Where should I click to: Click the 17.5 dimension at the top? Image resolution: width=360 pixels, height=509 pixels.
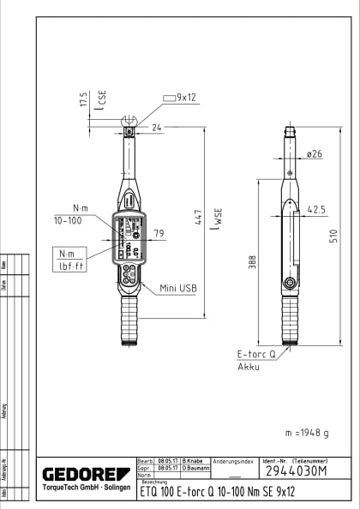tap(83, 99)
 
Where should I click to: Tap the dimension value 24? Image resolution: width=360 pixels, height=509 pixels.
tap(156, 128)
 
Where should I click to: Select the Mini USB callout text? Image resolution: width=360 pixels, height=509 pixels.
tap(178, 289)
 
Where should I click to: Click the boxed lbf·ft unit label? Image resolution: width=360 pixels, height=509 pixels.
tap(69, 267)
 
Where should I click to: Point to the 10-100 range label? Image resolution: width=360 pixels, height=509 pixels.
tap(69, 219)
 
